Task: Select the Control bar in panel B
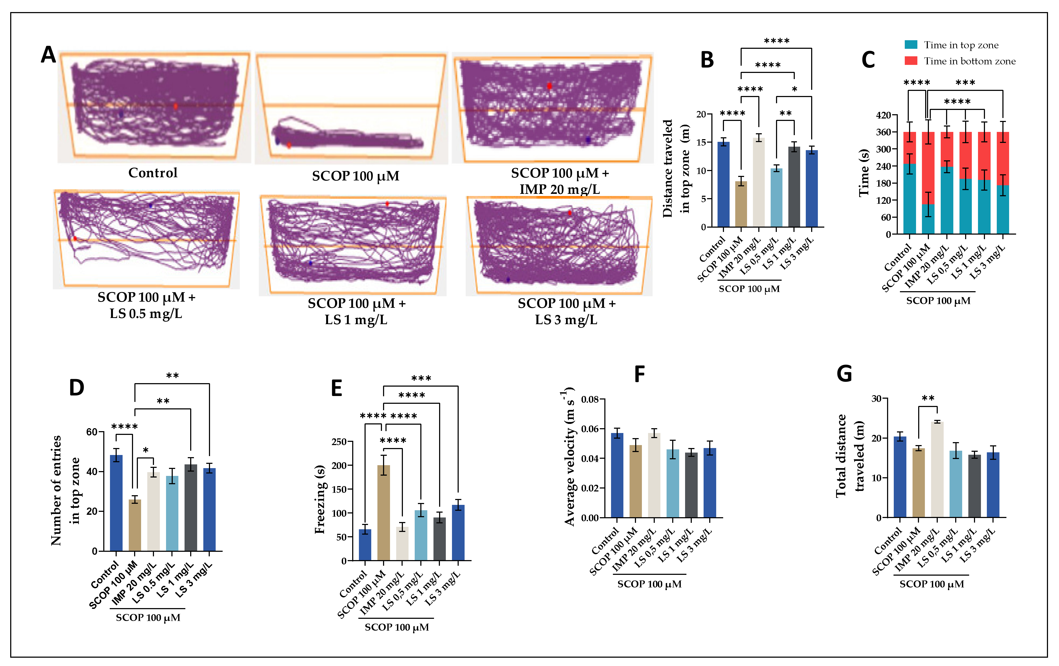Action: [x=723, y=185]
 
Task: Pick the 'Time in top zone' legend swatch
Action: [x=911, y=45]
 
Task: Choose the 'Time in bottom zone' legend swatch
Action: [x=911, y=61]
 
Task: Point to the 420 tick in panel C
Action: [x=883, y=115]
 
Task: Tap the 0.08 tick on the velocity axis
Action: [x=590, y=399]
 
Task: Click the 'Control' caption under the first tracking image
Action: [x=153, y=173]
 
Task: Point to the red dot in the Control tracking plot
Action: [x=175, y=106]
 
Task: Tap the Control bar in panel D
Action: [x=116, y=503]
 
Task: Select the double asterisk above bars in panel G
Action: [x=928, y=398]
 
